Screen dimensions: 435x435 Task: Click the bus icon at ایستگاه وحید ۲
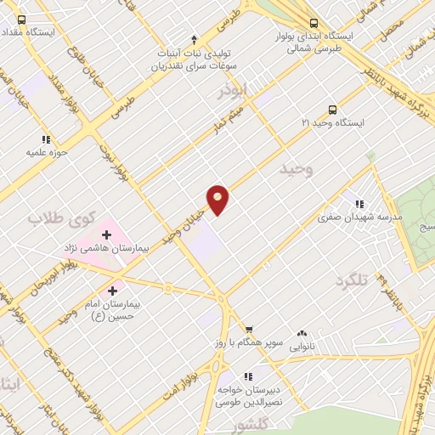point(332,109)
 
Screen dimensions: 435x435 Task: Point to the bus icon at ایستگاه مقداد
point(21,20)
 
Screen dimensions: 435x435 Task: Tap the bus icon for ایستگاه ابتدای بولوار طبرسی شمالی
point(314,23)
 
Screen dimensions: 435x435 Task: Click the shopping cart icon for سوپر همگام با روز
point(249,330)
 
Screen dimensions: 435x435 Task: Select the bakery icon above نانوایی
point(302,334)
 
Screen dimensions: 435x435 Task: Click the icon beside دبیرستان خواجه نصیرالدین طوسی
point(249,376)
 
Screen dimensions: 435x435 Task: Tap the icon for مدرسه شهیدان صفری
point(360,204)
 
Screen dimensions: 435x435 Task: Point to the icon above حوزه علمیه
point(45,139)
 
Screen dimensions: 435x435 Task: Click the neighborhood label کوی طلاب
point(59,216)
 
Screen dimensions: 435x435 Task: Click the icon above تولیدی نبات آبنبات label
point(195,38)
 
